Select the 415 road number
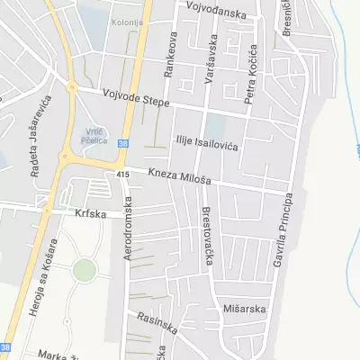click(123, 174)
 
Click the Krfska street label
click(91, 215)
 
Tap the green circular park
click(84, 269)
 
